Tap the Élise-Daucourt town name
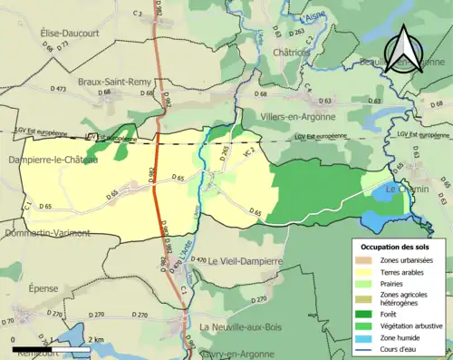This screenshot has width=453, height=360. (x=68, y=33)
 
